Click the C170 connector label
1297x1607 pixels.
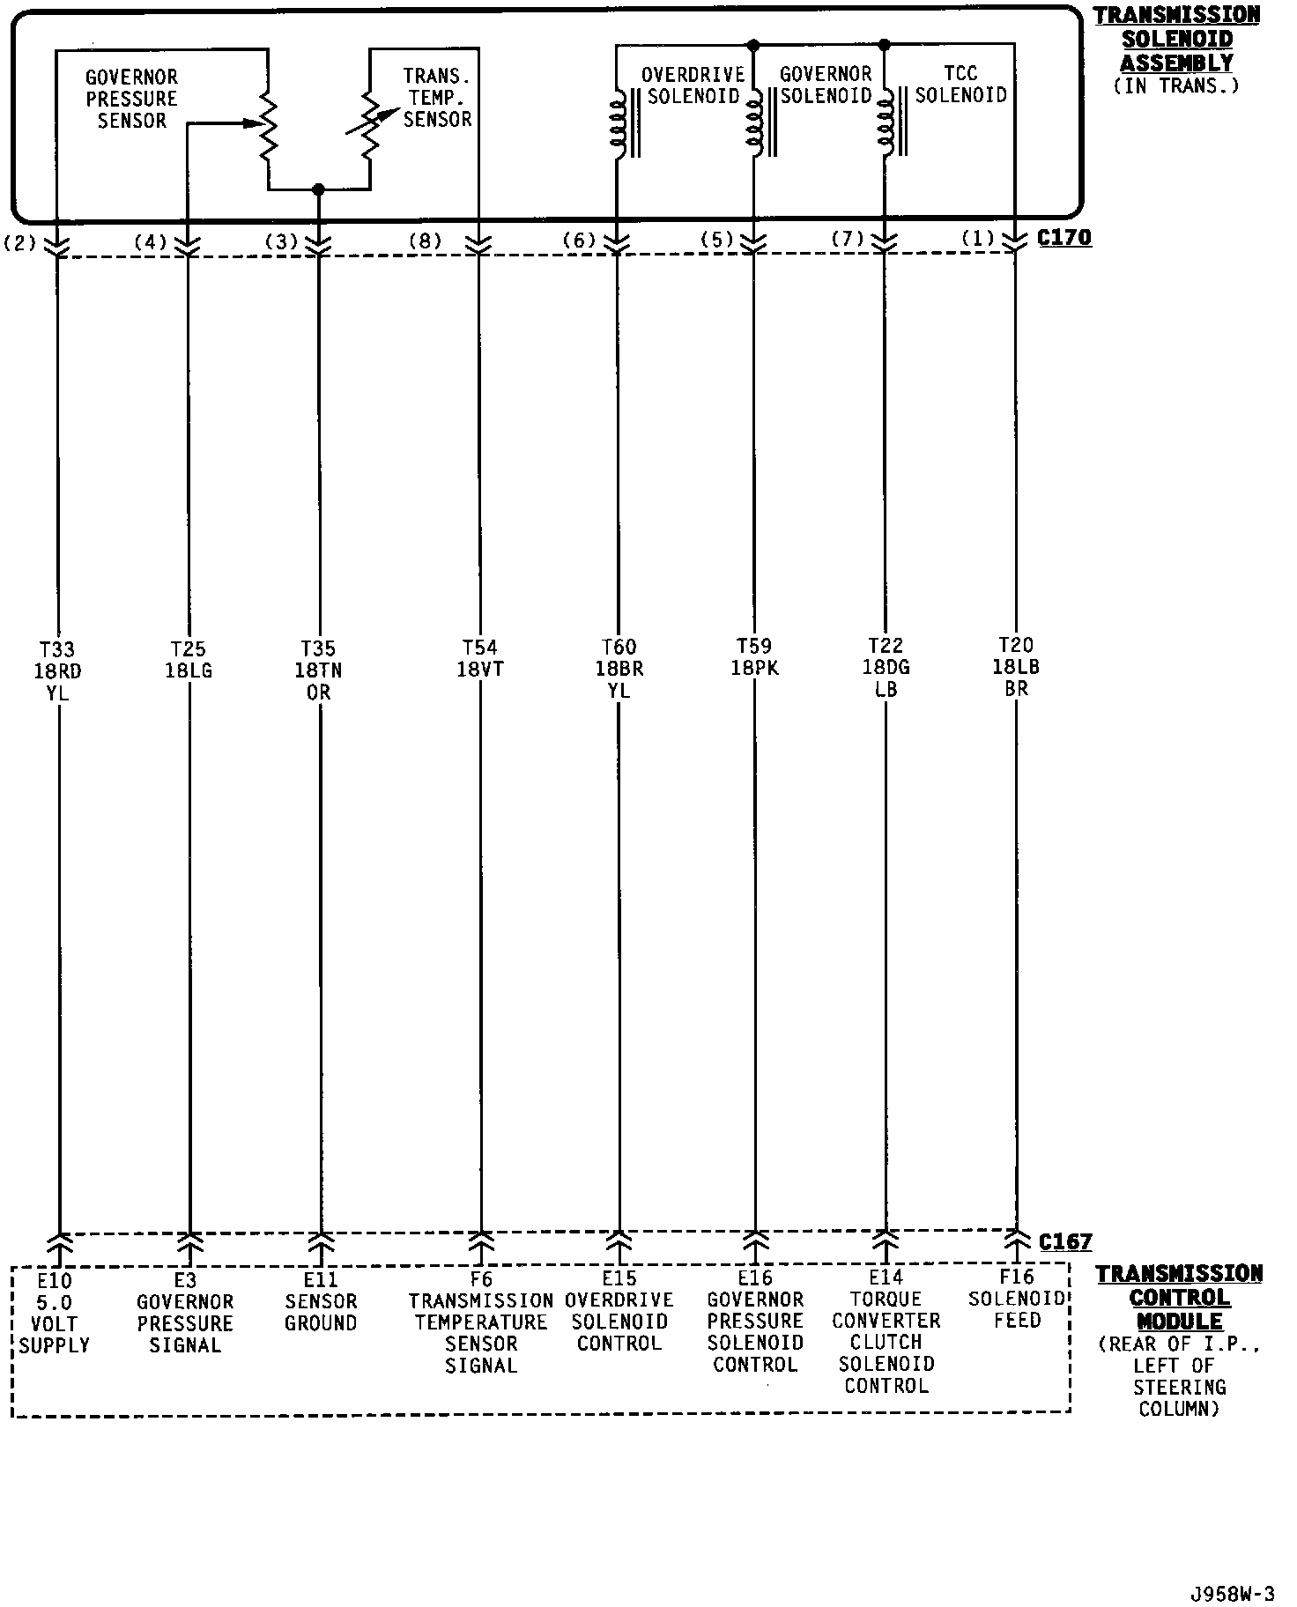[x=1064, y=238]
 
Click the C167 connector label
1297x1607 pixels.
[x=1064, y=1242]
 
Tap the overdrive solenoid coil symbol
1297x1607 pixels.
[x=619, y=123]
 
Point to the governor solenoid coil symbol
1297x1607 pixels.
[x=754, y=123]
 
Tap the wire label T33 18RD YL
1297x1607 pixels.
[x=57, y=671]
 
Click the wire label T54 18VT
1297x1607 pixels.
[x=480, y=659]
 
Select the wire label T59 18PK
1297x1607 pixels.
[x=754, y=657]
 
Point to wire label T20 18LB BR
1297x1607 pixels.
[x=1016, y=668]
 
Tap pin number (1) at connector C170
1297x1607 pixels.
[x=978, y=239]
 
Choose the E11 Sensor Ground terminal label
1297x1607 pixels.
[x=320, y=1301]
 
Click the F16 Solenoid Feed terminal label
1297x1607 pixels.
[x=1017, y=1299]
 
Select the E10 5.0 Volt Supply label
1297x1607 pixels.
[x=55, y=1313]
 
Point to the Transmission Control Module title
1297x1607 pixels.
[x=1178, y=1297]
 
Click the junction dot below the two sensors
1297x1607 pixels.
[x=319, y=189]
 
